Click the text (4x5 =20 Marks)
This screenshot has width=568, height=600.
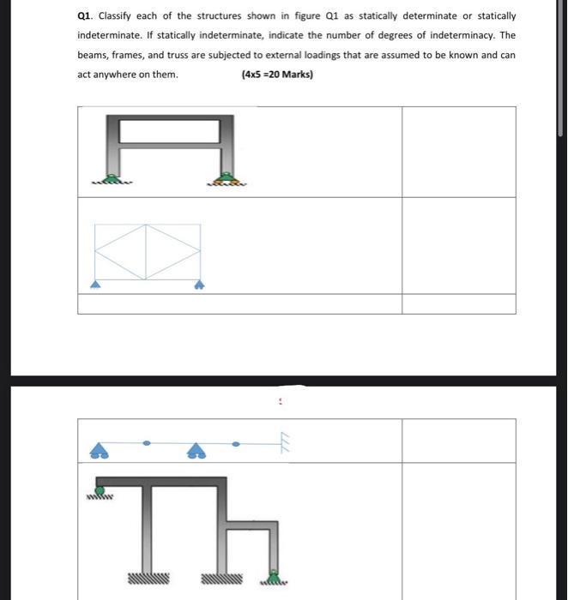pyautogui.click(x=278, y=75)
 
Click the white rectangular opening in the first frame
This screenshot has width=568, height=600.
pyautogui.click(x=169, y=131)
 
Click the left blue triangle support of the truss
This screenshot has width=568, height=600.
pyautogui.click(x=95, y=285)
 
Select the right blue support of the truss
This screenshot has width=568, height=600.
pyautogui.click(x=201, y=285)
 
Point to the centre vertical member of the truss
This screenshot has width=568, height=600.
pyautogui.click(x=147, y=251)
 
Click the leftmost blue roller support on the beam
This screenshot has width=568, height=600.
pyautogui.click(x=100, y=450)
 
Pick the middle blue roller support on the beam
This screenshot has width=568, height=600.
pyautogui.click(x=196, y=451)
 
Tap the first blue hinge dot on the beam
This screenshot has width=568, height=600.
pyautogui.click(x=148, y=443)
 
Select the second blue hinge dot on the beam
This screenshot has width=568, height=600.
pyautogui.click(x=235, y=443)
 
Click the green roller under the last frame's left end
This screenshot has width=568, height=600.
pyautogui.click(x=101, y=494)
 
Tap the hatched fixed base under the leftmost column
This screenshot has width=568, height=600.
pyautogui.click(x=148, y=579)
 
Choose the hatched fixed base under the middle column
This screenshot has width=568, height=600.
pyautogui.click(x=222, y=579)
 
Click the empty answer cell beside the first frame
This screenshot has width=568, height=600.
pyautogui.click(x=459, y=152)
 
